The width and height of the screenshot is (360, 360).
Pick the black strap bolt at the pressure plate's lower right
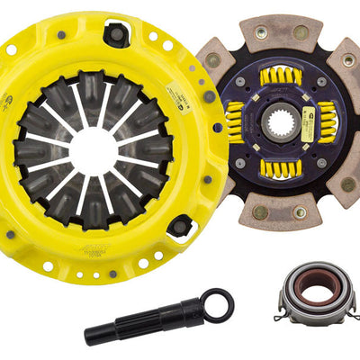[181, 226]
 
